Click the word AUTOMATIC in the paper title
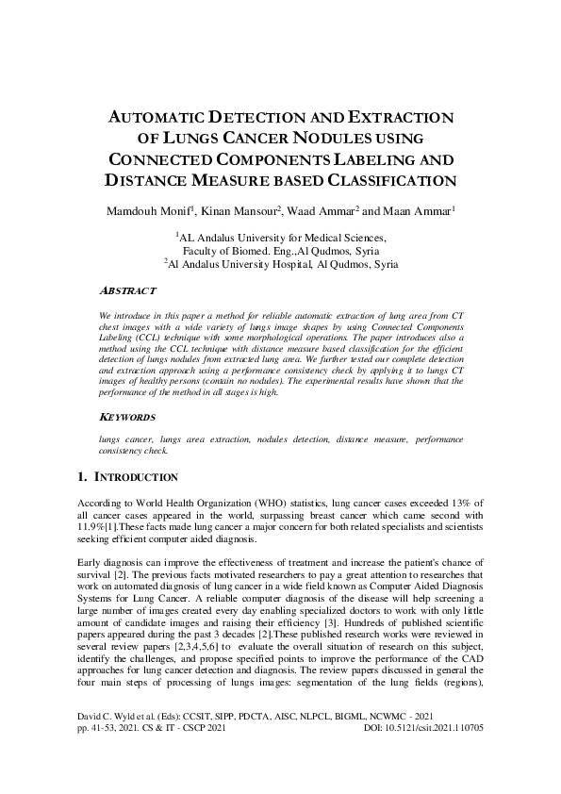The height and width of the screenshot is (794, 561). pos(161,118)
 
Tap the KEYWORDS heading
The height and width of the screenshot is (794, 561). pos(128,416)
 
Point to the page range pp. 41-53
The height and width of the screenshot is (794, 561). pos(95,755)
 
